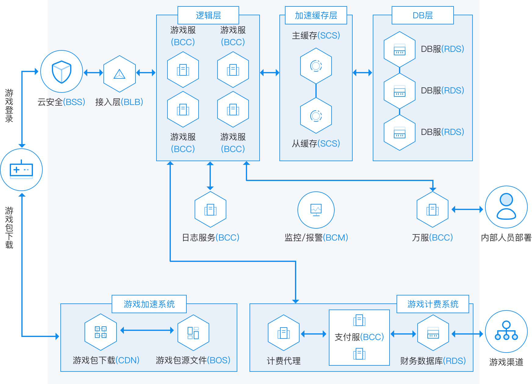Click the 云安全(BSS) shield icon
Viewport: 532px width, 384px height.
pyautogui.click(x=62, y=72)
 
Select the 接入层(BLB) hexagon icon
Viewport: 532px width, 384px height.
pyautogui.click(x=120, y=74)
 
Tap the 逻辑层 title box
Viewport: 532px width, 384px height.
pyautogui.click(x=208, y=15)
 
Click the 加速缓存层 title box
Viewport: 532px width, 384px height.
pyautogui.click(x=316, y=15)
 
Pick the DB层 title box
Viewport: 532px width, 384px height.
pyautogui.click(x=423, y=15)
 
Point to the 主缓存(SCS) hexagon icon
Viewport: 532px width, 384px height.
pyautogui.click(x=316, y=66)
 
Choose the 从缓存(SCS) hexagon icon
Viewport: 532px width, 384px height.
pyautogui.click(x=316, y=116)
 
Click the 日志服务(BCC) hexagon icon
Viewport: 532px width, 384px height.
pyautogui.click(x=210, y=210)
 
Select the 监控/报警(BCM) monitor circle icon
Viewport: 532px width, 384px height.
pyautogui.click(x=316, y=210)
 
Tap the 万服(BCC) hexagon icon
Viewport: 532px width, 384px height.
pyautogui.click(x=433, y=210)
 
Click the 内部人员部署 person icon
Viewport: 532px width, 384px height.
pyautogui.click(x=506, y=207)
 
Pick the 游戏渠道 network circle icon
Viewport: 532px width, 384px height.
pyautogui.click(x=506, y=331)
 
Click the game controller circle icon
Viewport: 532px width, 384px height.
pyautogui.click(x=21, y=170)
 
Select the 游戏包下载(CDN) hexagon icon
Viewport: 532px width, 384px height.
pyautogui.click(x=101, y=332)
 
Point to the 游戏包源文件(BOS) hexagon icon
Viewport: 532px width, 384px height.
pyautogui.click(x=193, y=333)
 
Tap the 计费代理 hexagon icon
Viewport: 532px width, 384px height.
pyautogui.click(x=284, y=333)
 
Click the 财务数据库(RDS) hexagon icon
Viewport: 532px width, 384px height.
pyautogui.click(x=433, y=333)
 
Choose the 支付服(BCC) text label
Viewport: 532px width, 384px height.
pyautogui.click(x=359, y=337)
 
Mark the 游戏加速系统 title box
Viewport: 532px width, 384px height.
pyautogui.click(x=149, y=304)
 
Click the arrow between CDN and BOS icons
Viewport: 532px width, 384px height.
pyautogui.click(x=147, y=330)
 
